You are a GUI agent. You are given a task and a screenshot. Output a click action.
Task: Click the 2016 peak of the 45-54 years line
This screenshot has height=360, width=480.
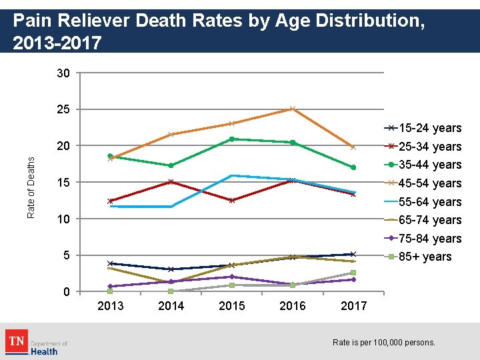[x=292, y=109]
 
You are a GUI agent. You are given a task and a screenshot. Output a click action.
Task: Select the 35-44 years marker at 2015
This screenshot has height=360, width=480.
[x=231, y=139]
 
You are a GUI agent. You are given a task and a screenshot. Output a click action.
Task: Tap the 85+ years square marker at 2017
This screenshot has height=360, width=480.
[x=353, y=273]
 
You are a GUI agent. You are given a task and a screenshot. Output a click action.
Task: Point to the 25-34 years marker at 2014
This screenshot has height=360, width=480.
[x=171, y=181]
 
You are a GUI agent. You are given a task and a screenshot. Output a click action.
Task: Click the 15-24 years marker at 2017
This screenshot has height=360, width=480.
[x=353, y=254]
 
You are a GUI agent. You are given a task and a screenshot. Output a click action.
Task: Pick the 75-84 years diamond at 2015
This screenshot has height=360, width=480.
[x=231, y=277]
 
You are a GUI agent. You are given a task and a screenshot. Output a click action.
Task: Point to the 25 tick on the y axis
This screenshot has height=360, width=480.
[x=64, y=109]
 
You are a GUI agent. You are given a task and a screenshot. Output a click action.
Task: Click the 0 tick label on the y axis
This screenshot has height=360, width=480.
[x=67, y=292]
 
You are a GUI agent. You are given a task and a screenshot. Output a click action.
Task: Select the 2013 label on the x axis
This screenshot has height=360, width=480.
[x=110, y=306]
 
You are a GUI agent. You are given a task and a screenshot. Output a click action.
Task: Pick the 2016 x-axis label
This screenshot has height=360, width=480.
[x=292, y=306]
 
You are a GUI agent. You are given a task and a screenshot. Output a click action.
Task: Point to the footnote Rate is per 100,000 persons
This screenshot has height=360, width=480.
[x=383, y=343]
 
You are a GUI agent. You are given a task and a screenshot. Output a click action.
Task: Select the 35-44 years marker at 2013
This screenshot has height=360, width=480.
[x=110, y=156]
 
